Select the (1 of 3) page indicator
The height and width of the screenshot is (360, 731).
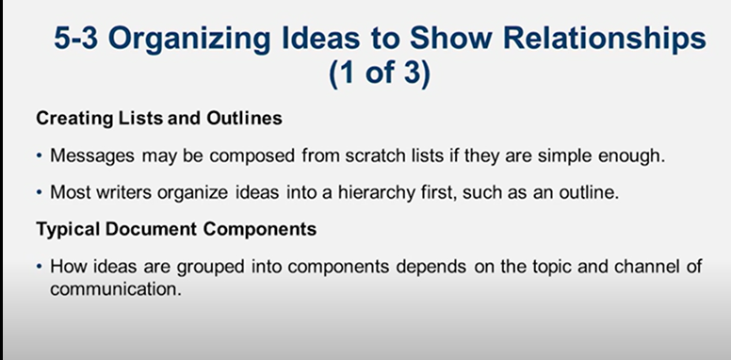coord(380,75)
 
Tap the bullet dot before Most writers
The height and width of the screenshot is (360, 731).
coord(39,193)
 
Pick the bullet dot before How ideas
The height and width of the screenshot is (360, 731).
coord(39,268)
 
